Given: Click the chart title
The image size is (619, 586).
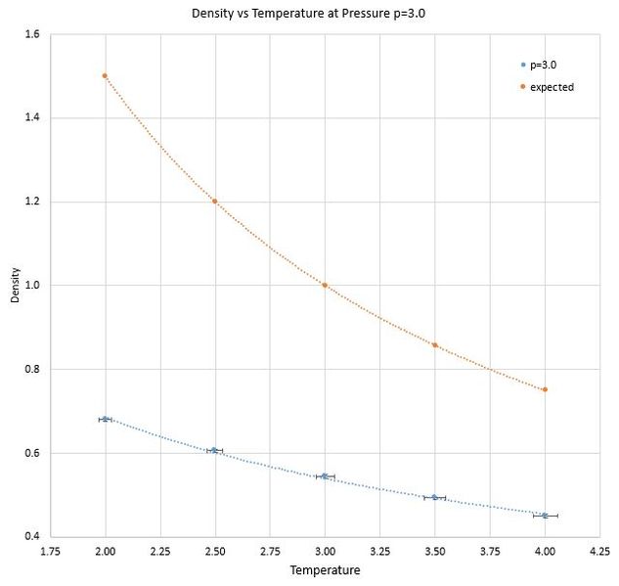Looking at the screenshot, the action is click(308, 14).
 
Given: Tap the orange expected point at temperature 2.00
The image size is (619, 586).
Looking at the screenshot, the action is click(105, 75).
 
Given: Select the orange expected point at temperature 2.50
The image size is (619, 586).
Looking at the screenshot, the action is click(215, 201).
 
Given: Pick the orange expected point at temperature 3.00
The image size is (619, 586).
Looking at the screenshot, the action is click(325, 285).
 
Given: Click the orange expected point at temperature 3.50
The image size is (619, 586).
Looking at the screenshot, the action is click(435, 345).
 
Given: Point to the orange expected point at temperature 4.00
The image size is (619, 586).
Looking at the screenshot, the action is click(545, 389).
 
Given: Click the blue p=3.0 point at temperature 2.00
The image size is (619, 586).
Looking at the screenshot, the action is click(105, 419).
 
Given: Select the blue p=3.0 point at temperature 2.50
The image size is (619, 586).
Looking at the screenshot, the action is click(214, 450).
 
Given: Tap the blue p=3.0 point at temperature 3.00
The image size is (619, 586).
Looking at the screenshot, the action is click(325, 476).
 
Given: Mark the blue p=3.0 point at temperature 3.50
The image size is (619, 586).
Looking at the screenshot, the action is click(434, 498).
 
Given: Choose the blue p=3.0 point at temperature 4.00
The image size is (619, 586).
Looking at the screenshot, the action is click(545, 516).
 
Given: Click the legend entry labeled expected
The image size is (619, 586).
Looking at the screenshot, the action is click(548, 87).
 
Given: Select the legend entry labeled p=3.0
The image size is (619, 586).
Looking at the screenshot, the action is click(539, 65).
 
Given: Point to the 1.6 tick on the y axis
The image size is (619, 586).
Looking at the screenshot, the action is click(32, 34).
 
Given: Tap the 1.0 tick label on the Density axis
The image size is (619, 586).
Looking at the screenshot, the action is click(32, 285).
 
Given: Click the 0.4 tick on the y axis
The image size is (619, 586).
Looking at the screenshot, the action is click(32, 536).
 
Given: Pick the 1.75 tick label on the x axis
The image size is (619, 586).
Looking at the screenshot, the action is click(50, 551).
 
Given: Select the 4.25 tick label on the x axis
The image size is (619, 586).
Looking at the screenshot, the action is click(599, 551).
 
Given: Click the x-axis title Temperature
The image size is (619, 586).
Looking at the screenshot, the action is click(325, 570).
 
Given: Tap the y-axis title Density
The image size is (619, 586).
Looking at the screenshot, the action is click(15, 285).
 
